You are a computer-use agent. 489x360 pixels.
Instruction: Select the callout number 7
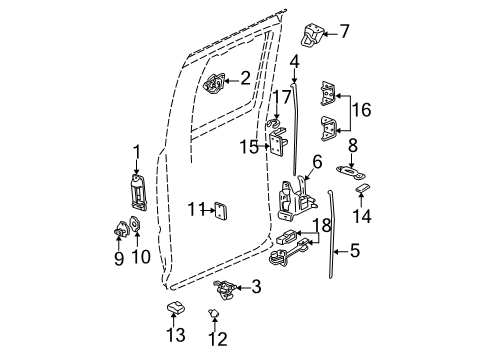[345, 31]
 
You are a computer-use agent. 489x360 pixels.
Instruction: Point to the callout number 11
[193, 209]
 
